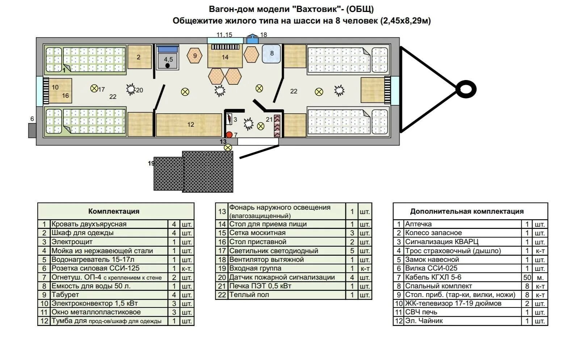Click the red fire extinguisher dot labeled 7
(x=229, y=135)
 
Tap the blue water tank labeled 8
(x=271, y=54)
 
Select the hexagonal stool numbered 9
(x=194, y=55)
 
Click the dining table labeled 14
(x=225, y=56)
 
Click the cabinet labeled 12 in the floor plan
(x=189, y=125)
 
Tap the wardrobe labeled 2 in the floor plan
(x=139, y=57)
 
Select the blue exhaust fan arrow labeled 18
(x=252, y=39)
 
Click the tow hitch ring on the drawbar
(x=466, y=89)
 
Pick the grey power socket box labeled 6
(x=32, y=130)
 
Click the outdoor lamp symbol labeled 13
(x=228, y=147)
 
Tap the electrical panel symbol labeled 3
(x=229, y=119)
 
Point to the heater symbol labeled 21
(x=277, y=126)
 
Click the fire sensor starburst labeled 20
(x=131, y=89)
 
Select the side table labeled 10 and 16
(x=60, y=91)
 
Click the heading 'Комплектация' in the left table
(x=114, y=211)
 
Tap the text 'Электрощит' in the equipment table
(x=72, y=242)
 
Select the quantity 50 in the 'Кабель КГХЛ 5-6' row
(x=527, y=277)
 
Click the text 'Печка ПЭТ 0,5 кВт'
(x=260, y=286)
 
